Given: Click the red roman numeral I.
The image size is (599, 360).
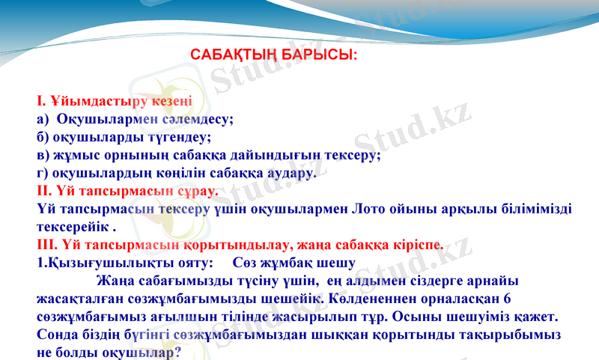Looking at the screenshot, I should [x=40, y=100].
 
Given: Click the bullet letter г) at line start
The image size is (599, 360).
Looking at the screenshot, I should [x=43, y=173].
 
